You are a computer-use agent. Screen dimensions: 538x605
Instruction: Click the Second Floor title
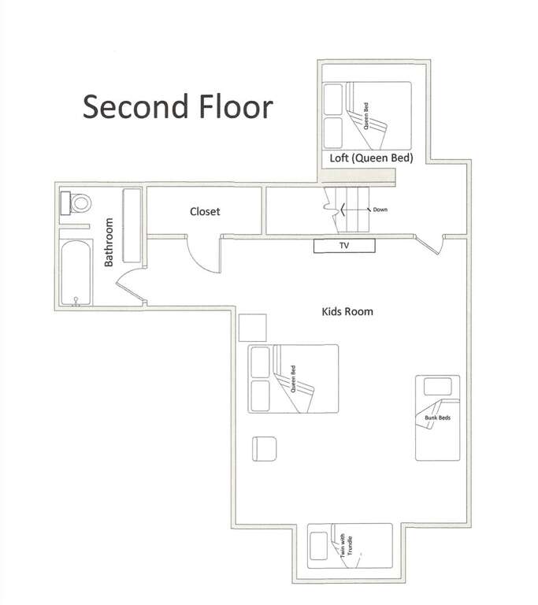pos(178,106)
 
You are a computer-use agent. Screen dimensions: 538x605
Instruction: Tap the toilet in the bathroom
pos(76,203)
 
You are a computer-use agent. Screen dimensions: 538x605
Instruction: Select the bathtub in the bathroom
pos(76,273)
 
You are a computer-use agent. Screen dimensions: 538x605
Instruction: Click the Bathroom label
pos(109,242)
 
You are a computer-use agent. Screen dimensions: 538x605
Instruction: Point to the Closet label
pos(205,211)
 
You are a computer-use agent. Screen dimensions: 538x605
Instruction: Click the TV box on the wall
pos(344,246)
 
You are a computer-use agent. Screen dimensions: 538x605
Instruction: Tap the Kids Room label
pos(347,311)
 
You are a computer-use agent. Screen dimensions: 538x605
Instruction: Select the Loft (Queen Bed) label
pos(371,158)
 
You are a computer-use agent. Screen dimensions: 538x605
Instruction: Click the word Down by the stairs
pos(380,210)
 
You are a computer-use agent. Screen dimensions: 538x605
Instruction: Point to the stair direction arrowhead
pos(343,210)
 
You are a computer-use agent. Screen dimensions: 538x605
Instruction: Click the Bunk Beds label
pos(437,418)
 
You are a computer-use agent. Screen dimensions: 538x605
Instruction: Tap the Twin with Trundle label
pos(346,546)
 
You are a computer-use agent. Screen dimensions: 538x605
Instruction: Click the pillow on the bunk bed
pos(438,387)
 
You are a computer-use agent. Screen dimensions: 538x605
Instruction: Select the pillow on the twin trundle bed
pos(319,546)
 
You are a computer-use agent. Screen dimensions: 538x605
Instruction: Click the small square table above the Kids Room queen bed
pos(252,328)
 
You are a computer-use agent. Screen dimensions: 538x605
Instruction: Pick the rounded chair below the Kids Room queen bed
pos(265,449)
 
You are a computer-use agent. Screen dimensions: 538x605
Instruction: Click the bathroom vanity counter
pos(132,226)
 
